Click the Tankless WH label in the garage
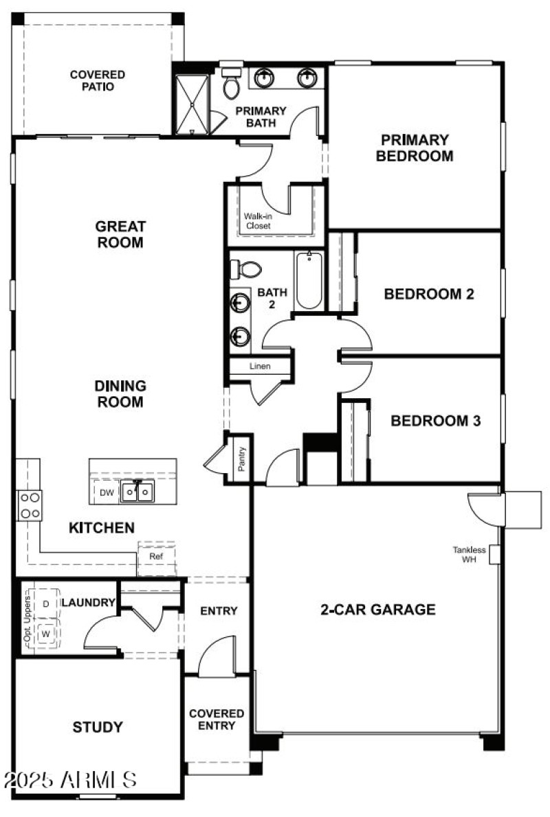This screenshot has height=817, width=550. click(469, 554)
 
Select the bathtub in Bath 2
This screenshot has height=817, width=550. click(309, 281)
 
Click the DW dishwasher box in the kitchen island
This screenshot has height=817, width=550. click(106, 492)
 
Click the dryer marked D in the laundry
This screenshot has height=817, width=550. click(46, 603)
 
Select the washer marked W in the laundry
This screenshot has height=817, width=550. click(46, 633)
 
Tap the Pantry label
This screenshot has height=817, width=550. click(242, 458)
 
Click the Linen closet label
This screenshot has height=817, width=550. click(260, 367)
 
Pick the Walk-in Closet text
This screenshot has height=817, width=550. click(257, 220)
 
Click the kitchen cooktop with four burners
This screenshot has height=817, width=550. click(29, 505)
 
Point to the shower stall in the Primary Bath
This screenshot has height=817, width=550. click(190, 104)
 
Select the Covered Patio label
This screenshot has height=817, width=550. click(97, 80)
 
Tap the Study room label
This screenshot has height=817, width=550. click(98, 727)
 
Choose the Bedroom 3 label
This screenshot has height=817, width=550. click(435, 420)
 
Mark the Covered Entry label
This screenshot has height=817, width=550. click(217, 720)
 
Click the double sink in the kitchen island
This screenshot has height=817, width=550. click(138, 492)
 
